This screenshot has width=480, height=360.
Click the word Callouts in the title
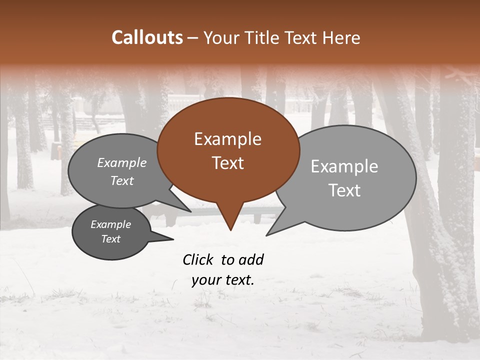(147, 37)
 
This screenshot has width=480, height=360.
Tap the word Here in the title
(342, 37)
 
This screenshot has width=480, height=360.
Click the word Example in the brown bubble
(227, 139)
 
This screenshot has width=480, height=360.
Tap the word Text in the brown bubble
(227, 163)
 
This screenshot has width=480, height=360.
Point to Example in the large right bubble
(344, 166)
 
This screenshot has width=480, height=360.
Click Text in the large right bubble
(344, 190)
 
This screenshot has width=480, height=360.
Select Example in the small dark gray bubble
(110, 224)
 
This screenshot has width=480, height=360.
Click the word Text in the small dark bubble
(110, 239)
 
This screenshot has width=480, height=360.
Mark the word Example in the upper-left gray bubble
(121, 162)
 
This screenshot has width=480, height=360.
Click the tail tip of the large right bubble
(267, 234)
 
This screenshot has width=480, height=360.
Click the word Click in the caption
(199, 259)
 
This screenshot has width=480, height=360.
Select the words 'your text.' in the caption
(223, 280)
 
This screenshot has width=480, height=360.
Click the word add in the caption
(251, 259)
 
